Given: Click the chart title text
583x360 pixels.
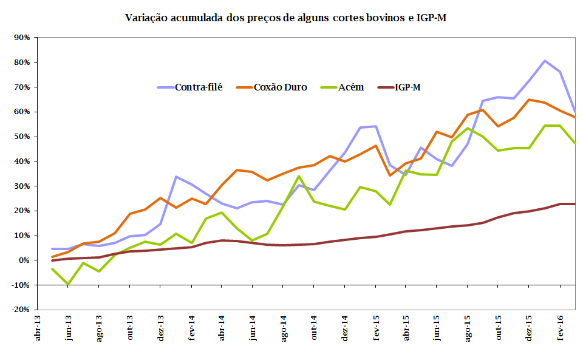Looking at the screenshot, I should [x=286, y=18].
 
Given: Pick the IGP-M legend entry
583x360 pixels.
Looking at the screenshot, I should [x=407, y=87].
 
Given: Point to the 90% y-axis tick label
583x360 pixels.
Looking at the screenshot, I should [x=22, y=38].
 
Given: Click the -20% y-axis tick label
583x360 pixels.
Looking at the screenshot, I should [x=20, y=310].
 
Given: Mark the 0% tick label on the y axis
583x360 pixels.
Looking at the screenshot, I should [x=24, y=260].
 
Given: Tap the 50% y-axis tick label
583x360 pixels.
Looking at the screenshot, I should [x=22, y=137].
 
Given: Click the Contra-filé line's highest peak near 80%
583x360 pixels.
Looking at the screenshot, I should [x=544, y=61].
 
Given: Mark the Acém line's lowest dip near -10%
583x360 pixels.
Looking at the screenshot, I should [x=68, y=284].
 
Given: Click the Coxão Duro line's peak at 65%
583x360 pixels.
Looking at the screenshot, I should [x=529, y=100].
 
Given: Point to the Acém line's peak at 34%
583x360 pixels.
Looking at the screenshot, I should [x=299, y=176].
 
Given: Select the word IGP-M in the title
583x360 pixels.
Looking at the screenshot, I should [x=431, y=18].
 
